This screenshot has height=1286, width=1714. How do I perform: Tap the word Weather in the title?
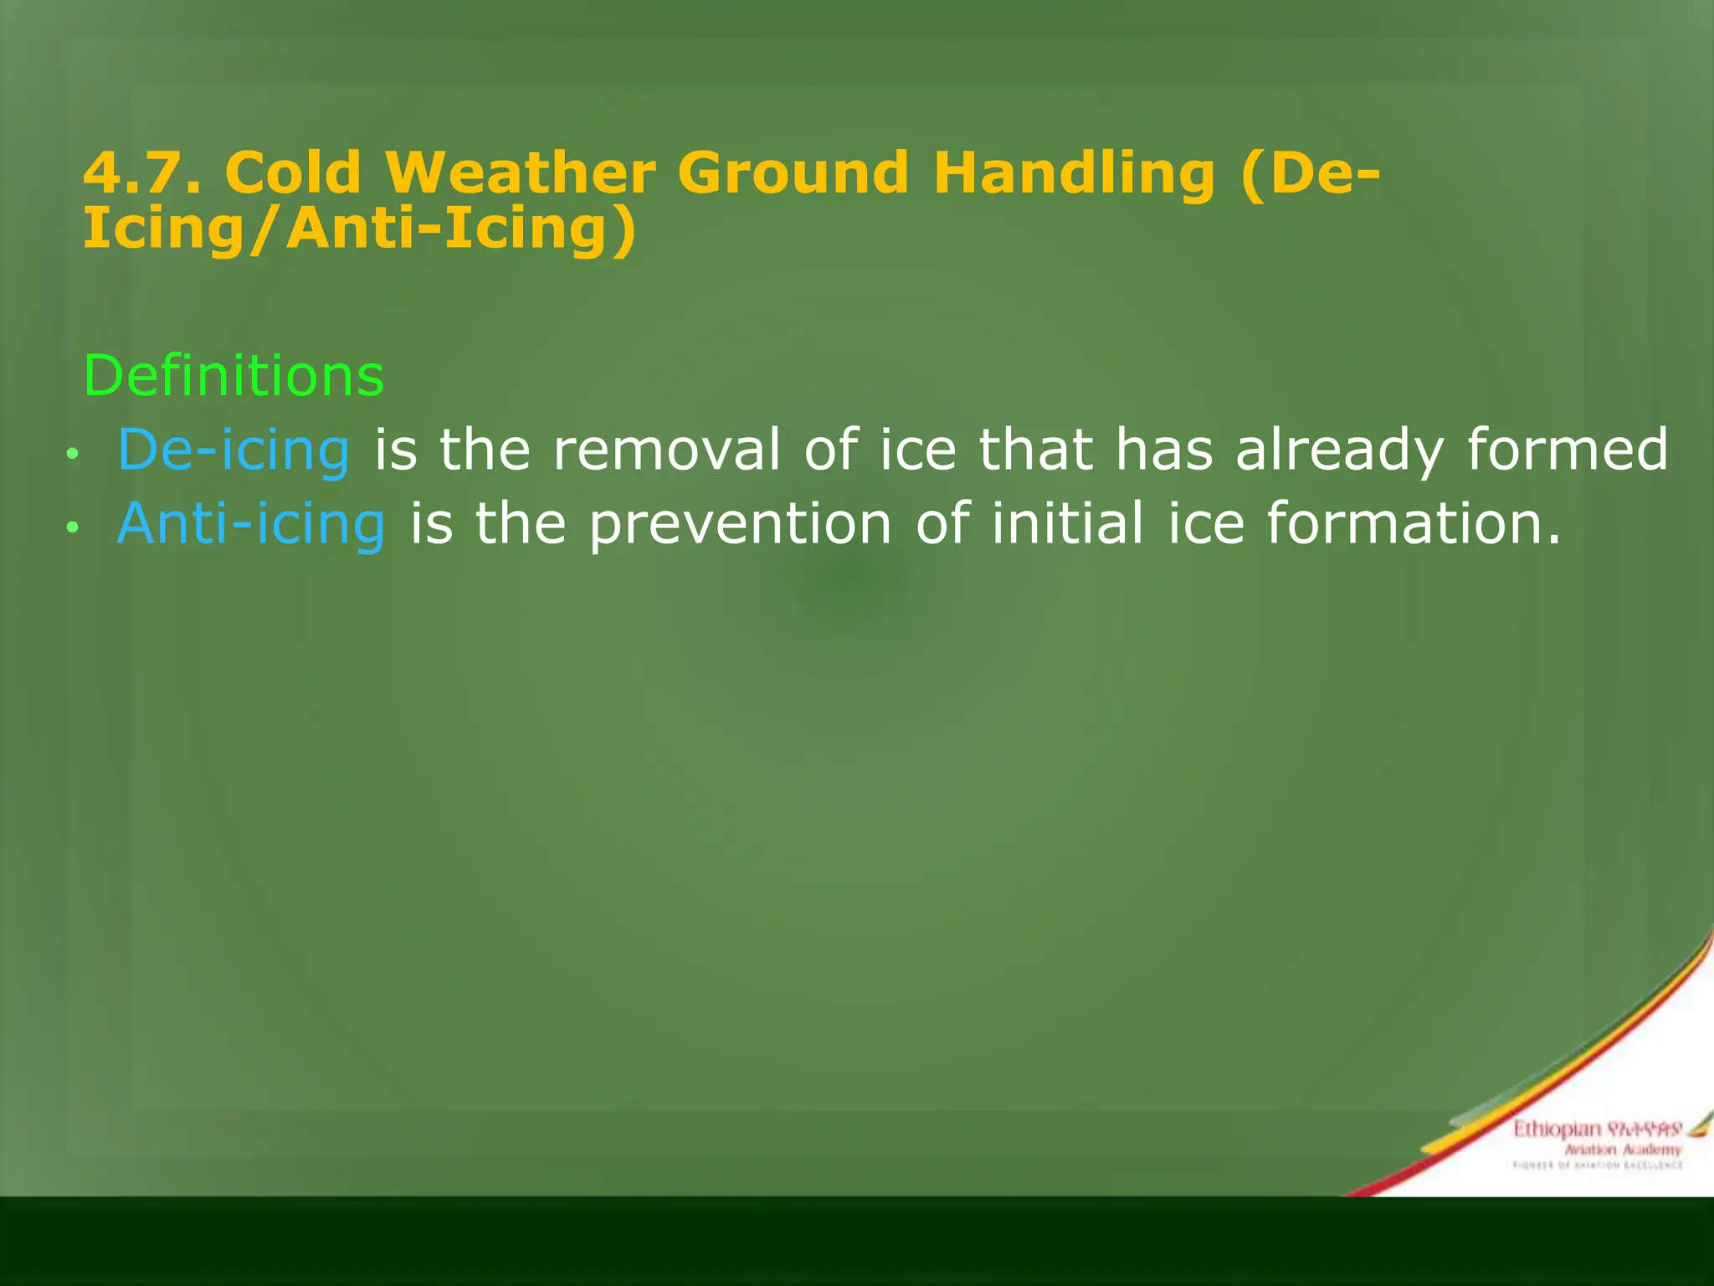520,172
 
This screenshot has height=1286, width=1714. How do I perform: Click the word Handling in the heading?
1074,174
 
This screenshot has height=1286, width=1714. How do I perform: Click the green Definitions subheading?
233,375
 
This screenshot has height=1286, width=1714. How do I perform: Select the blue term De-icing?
233,450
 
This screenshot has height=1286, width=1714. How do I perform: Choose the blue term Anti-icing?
251,524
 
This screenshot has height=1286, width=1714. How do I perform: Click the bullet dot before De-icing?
73,454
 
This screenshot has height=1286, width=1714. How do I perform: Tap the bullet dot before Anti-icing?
73,527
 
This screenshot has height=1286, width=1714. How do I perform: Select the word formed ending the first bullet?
1568,450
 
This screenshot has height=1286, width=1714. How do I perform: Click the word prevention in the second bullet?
740,524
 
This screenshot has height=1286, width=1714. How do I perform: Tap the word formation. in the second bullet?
1414,523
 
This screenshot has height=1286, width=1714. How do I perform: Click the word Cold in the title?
293,172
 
